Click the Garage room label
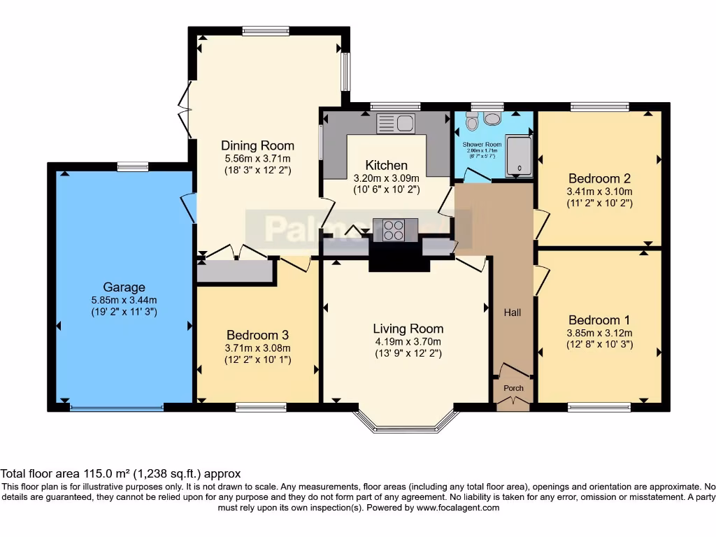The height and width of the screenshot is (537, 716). (x=124, y=287)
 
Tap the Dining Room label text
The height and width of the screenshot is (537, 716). (x=257, y=145)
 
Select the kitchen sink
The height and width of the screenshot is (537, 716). (x=396, y=124)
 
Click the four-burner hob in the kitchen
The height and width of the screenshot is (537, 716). (x=395, y=229)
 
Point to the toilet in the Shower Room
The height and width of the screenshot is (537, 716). (x=473, y=122)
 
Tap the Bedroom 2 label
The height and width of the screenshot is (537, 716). (x=599, y=178)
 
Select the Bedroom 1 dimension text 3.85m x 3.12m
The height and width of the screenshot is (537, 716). (x=599, y=333)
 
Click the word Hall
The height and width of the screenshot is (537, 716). (x=513, y=313)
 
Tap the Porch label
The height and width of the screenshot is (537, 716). (x=513, y=388)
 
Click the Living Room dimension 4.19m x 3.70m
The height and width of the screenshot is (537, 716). (x=408, y=342)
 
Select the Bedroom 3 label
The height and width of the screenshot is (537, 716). (x=257, y=335)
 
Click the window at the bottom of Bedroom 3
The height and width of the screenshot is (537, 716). (x=261, y=407)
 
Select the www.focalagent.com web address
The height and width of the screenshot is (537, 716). (x=458, y=508)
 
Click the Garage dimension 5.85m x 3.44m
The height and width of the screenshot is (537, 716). (x=124, y=300)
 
